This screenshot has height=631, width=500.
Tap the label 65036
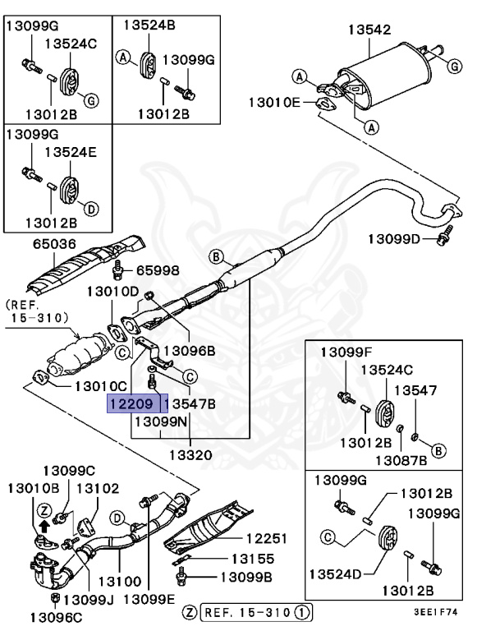(x=54, y=244)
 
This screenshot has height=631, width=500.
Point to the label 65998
(x=157, y=269)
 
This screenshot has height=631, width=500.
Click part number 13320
(x=190, y=454)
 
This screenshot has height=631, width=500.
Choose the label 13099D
(x=393, y=239)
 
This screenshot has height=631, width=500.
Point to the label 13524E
(x=71, y=152)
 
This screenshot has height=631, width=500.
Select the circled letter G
(x=91, y=100)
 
